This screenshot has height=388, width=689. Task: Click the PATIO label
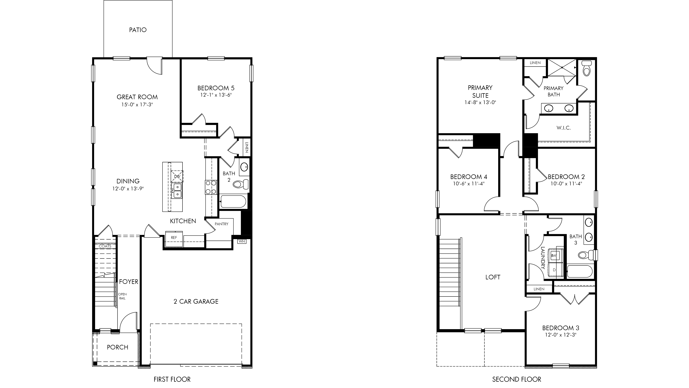click(x=138, y=30)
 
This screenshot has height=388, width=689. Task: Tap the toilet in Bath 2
click(x=241, y=184)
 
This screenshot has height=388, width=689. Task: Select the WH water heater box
click(x=242, y=241)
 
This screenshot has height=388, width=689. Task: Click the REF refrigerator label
click(x=174, y=237)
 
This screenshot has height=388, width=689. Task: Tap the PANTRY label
click(x=221, y=224)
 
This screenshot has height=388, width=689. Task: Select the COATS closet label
click(x=105, y=246)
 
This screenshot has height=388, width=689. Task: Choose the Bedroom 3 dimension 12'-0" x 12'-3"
click(x=561, y=335)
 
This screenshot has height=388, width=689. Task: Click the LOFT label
click(x=493, y=277)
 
